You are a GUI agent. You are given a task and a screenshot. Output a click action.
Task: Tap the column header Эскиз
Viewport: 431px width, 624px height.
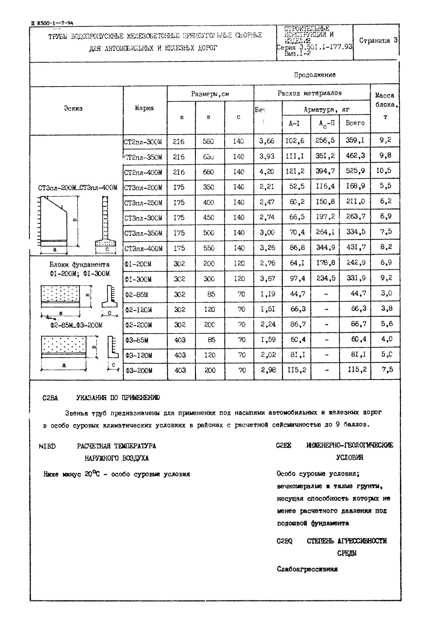click(73, 108)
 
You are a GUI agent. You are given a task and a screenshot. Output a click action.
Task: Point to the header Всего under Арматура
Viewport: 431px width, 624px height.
click(355, 123)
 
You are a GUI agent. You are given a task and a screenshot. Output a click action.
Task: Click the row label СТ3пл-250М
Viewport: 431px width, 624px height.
click(143, 203)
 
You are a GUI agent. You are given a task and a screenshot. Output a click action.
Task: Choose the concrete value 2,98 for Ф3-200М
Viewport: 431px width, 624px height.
click(268, 370)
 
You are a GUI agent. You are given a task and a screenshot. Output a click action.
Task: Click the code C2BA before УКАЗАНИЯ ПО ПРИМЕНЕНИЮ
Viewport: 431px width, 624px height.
click(50, 398)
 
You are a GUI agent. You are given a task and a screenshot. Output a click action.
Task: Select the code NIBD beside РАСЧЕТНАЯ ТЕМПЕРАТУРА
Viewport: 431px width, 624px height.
click(47, 446)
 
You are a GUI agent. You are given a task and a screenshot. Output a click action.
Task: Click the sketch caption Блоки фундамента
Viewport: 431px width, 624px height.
click(79, 264)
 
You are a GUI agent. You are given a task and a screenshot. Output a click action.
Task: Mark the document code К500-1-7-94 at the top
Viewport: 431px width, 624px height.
click(55, 23)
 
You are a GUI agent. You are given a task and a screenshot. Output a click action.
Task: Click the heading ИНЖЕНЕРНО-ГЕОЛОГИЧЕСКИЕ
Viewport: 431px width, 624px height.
click(349, 445)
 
